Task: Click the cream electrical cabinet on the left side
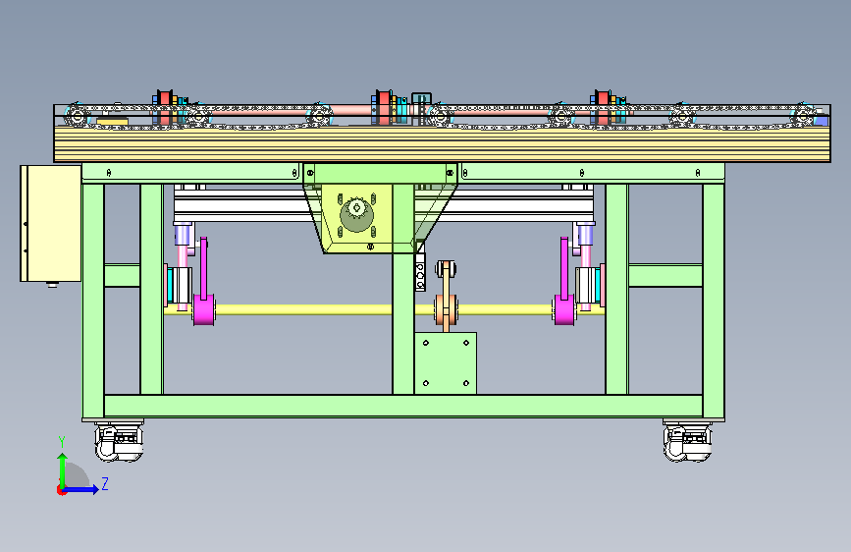[x=50, y=223]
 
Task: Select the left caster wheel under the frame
[x=119, y=443]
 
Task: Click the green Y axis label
[x=62, y=442]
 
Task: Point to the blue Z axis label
[x=105, y=483]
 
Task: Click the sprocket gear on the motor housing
[x=356, y=214]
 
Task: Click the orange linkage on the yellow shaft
[x=447, y=296]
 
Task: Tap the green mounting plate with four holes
[x=446, y=363]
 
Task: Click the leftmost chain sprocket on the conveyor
[x=77, y=116]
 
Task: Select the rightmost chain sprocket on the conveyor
[x=803, y=116]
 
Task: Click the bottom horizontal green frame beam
[x=403, y=406]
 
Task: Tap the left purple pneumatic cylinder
[x=183, y=236]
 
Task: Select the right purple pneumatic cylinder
[x=585, y=236]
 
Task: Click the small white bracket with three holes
[x=420, y=272]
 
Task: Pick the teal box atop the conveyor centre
[x=421, y=101]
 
